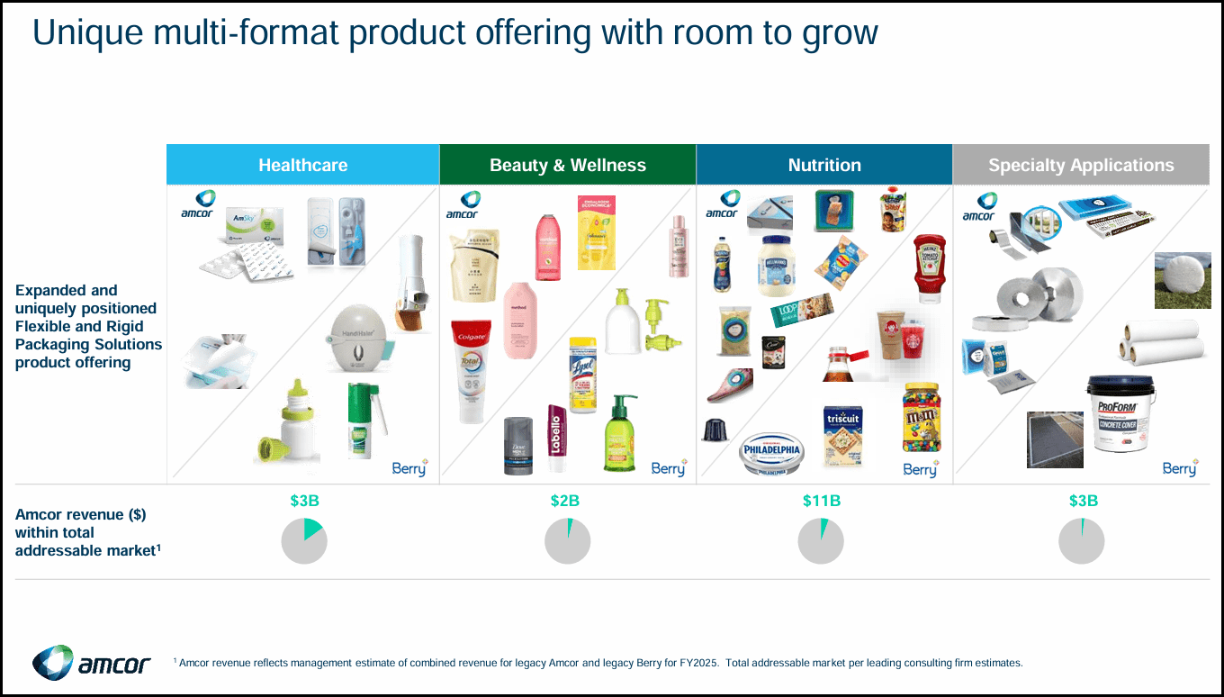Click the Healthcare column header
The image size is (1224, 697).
click(x=302, y=165)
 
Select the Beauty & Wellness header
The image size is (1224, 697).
click(x=567, y=165)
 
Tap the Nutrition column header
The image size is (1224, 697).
click(x=823, y=165)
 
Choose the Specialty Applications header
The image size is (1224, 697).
click(x=1080, y=165)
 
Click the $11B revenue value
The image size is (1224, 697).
click(x=821, y=501)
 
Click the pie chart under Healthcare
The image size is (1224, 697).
click(x=304, y=542)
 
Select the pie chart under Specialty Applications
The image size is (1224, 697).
click(x=1081, y=542)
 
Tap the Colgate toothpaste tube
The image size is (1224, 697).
click(x=471, y=371)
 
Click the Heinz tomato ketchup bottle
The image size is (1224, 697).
click(x=929, y=267)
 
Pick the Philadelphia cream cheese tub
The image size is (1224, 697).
click(x=770, y=453)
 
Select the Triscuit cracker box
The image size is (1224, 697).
click(x=843, y=436)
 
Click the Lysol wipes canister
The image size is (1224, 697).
click(x=583, y=376)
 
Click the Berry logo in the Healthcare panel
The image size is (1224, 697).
click(x=409, y=467)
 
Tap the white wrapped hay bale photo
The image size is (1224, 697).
click(x=1183, y=280)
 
